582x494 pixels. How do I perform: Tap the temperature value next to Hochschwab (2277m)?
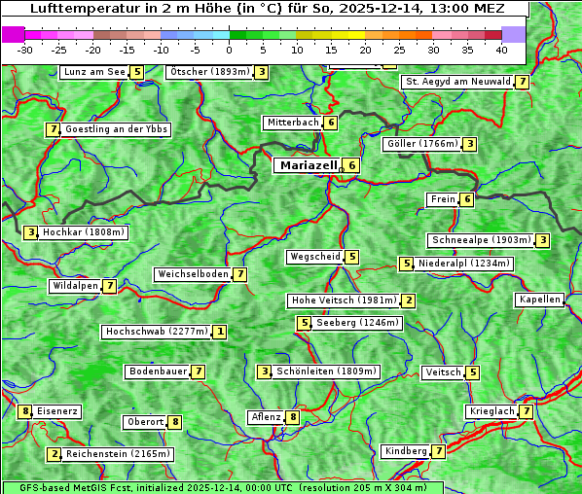tap(221, 332)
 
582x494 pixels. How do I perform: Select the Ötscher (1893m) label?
tap(209, 72)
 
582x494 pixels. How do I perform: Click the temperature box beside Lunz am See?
tap(137, 72)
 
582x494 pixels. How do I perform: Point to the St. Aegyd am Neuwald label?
tap(457, 82)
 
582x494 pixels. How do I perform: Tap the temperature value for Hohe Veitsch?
tap(409, 300)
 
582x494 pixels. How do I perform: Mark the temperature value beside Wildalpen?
tap(110, 286)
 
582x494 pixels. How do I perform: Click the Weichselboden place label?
tap(193, 274)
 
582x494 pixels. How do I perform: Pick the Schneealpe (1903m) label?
tap(481, 240)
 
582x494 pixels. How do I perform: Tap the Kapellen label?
tap(539, 300)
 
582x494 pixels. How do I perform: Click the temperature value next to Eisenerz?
tap(25, 411)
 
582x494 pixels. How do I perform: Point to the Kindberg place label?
tap(405, 451)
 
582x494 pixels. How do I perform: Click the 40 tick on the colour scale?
tap(500, 49)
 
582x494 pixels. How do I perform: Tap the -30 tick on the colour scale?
tap(25, 49)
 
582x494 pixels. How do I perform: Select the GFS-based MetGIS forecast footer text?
tap(221, 487)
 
